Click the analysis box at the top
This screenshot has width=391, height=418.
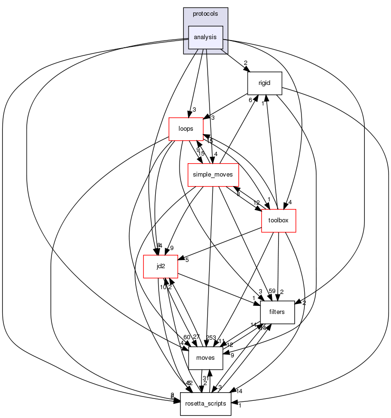tap(206, 37)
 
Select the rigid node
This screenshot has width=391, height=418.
tap(265, 83)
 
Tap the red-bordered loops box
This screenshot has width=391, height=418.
tap(186, 128)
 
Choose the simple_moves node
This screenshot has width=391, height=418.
tap(212, 175)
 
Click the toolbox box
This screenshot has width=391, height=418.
tap(279, 220)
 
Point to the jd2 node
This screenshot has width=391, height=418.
tap(160, 266)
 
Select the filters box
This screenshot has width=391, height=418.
tap(277, 312)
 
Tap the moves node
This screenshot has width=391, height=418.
tap(206, 357)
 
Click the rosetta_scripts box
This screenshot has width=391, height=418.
tap(205, 403)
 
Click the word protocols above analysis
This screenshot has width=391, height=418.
tap(206, 13)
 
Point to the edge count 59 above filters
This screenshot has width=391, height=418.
tap(272, 291)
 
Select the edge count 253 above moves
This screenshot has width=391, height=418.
tap(211, 337)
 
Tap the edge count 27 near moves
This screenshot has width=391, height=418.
tap(197, 337)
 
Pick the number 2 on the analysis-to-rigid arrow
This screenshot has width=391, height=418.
tap(246, 63)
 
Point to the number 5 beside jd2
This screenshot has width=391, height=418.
tap(187, 260)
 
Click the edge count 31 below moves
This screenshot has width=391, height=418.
tap(205, 378)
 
